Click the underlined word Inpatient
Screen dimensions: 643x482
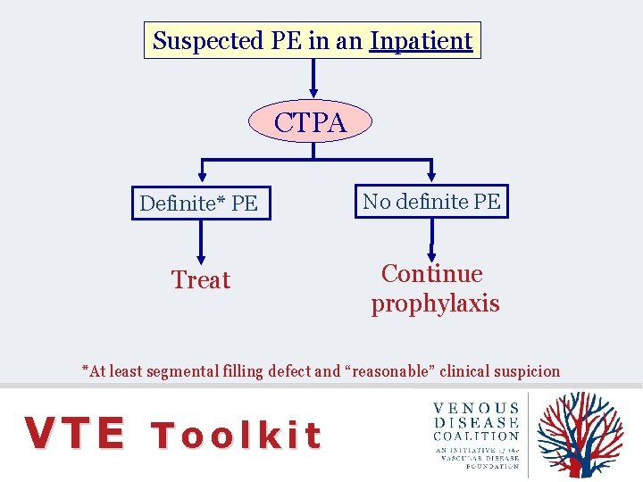tap(421, 41)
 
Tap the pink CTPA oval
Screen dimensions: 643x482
tap(310, 122)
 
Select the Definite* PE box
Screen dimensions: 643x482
tap(200, 204)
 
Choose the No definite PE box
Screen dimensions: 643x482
tap(431, 202)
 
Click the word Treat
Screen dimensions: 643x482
tap(201, 280)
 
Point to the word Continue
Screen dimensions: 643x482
tap(431, 274)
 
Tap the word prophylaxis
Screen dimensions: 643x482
tap(435, 303)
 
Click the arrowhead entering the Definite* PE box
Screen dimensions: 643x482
tap(202, 178)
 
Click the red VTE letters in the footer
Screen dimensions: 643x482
tap(75, 434)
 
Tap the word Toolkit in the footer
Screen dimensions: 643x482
tap(236, 436)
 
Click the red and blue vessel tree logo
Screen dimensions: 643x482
tap(581, 435)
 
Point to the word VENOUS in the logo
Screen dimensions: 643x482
tap(476, 408)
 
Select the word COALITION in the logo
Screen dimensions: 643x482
tap(476, 436)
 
